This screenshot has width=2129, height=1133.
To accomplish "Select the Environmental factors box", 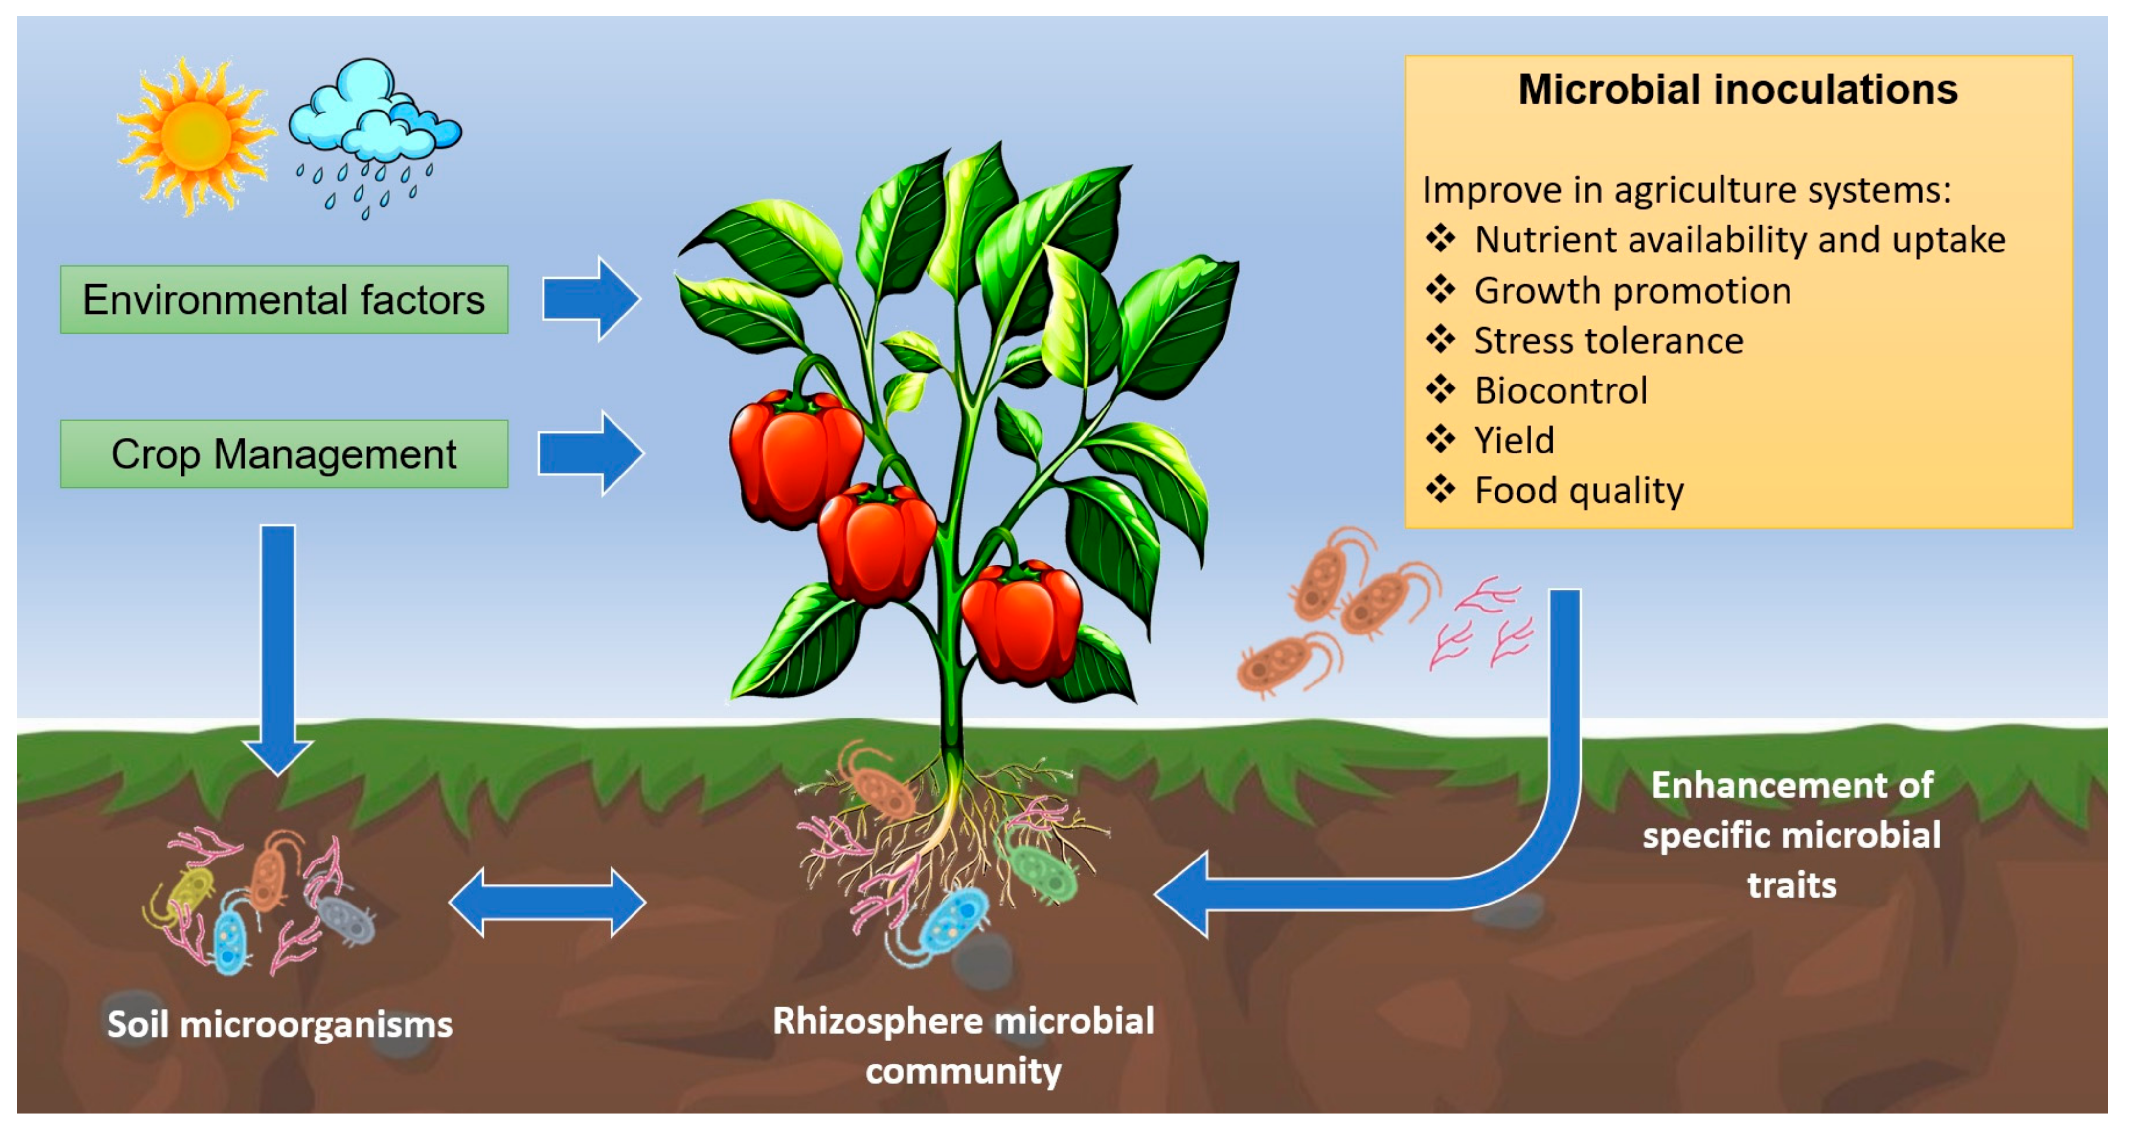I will [283, 299].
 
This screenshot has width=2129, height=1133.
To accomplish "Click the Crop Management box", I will [283, 453].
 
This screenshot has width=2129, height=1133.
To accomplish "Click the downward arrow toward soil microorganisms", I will [278, 645].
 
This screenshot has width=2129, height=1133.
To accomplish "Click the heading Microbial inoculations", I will [1737, 89].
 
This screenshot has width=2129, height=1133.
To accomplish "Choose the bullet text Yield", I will [1514, 440].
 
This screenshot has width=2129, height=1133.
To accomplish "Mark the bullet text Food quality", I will [1579, 491].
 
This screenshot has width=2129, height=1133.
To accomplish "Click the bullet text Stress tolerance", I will [1608, 340].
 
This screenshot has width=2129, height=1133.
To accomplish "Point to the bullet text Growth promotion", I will [1632, 291].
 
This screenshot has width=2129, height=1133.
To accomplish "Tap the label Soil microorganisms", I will [279, 1025].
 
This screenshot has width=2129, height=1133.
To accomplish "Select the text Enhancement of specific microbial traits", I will [1791, 835].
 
